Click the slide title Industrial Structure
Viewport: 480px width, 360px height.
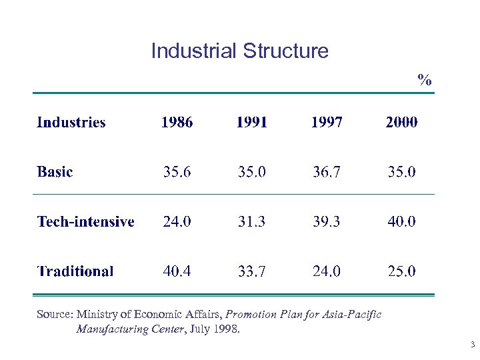(239, 51)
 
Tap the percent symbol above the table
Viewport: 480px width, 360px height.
(425, 81)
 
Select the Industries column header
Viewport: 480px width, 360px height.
(71, 122)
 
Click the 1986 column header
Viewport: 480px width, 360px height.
(177, 122)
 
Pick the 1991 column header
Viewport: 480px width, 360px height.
(251, 122)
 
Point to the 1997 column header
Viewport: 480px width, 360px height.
(327, 122)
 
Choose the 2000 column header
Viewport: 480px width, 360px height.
(401, 122)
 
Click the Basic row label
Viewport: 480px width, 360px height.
(55, 172)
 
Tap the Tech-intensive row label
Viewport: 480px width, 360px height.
(85, 221)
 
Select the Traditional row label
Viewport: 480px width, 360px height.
(75, 271)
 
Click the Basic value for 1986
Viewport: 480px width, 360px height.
(177, 172)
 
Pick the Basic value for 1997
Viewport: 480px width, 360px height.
(327, 172)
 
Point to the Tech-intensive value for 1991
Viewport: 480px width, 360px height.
(251, 221)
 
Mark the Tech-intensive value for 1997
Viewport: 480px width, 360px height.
(327, 221)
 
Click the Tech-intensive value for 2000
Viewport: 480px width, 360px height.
(401, 221)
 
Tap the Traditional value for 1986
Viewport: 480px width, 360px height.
(177, 271)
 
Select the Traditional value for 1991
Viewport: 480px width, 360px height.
(251, 271)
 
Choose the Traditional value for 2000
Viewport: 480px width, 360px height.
(401, 271)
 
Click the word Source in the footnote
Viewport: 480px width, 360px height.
(54, 314)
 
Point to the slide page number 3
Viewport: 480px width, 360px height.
(472, 345)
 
